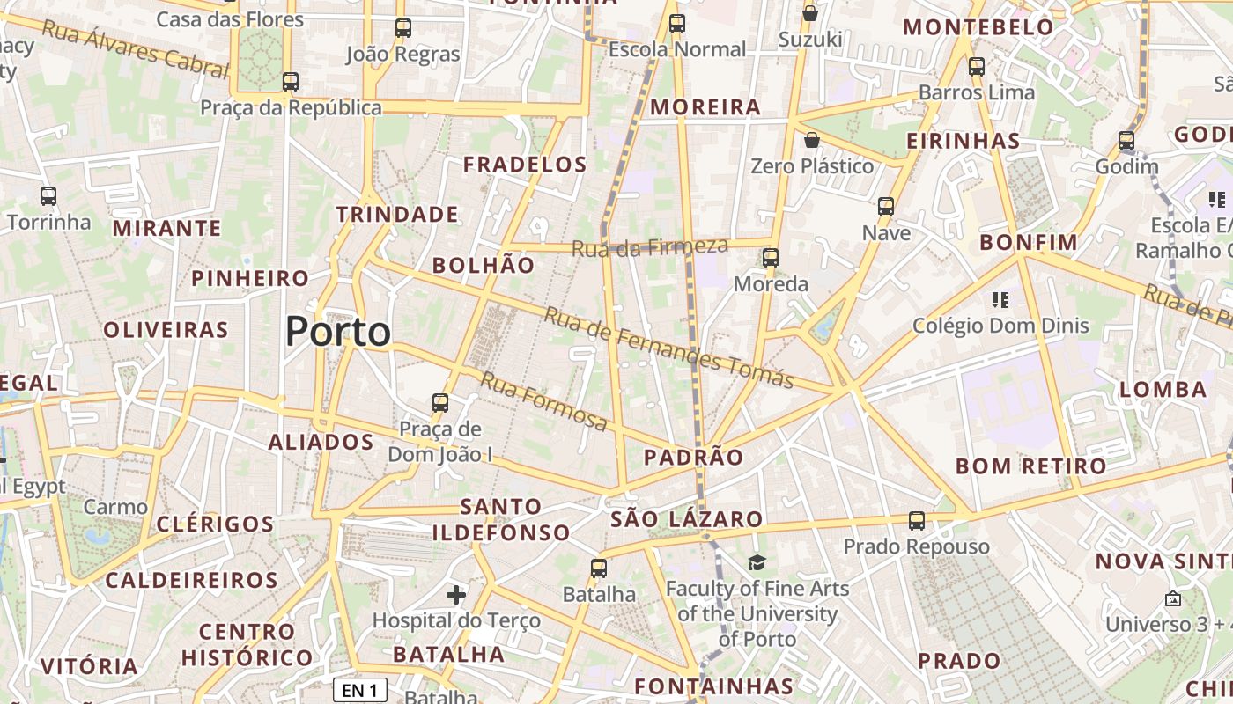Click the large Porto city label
(338, 332)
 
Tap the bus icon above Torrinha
(48, 196)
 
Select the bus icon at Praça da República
(291, 82)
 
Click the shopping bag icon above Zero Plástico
(812, 140)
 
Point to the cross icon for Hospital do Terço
(456, 595)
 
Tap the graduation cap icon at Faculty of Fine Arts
(757, 562)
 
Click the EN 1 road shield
(360, 691)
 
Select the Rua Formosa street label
(543, 402)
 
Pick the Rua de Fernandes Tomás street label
(668, 348)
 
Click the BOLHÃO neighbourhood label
(484, 266)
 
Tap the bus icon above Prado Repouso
(917, 521)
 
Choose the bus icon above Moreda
(771, 258)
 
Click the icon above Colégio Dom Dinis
(1000, 300)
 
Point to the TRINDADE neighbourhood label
(397, 215)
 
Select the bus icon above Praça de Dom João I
(440, 403)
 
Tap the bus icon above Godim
(1126, 141)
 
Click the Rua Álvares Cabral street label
(135, 49)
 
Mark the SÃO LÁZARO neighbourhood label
(686, 519)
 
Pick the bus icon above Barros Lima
(976, 67)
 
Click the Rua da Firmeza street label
(650, 247)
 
